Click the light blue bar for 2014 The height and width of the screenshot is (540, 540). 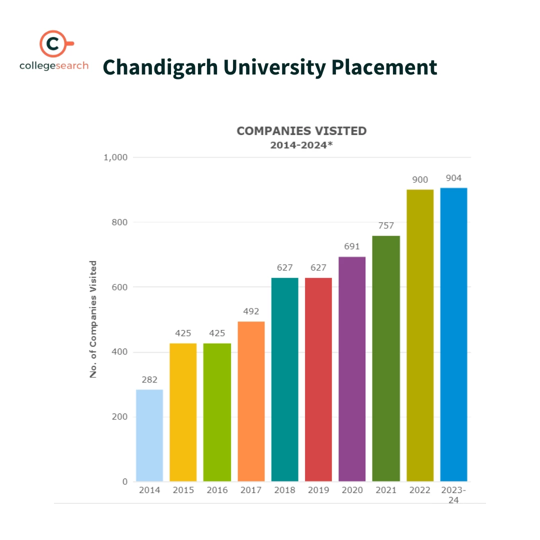pos(149,435)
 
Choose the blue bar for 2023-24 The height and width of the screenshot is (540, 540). pos(453,334)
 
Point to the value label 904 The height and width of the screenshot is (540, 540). pos(453,178)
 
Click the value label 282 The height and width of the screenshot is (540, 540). pos(149,380)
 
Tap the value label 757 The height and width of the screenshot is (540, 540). pos(386,226)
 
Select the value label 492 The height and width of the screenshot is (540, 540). pos(251,311)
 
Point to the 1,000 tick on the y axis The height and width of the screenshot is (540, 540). pos(115,157)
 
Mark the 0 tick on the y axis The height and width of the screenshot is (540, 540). pos(124,481)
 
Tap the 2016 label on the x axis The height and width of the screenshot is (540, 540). pos(217,490)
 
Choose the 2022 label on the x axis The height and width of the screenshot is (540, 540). pos(419,490)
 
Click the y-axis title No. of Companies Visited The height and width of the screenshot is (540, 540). pos(93,319)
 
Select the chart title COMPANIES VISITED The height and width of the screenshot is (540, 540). pos(301,131)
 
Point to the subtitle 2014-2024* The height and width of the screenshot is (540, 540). pos(301,145)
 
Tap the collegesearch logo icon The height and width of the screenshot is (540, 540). pos(54,44)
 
